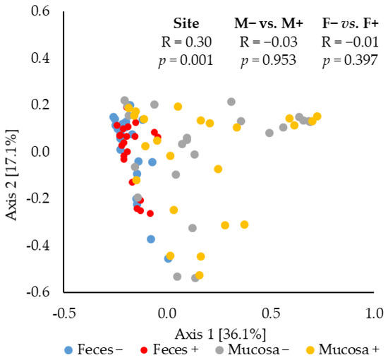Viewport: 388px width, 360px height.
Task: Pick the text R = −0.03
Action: [x=267, y=41]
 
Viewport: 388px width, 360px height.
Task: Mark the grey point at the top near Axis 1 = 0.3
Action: [x=231, y=102]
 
